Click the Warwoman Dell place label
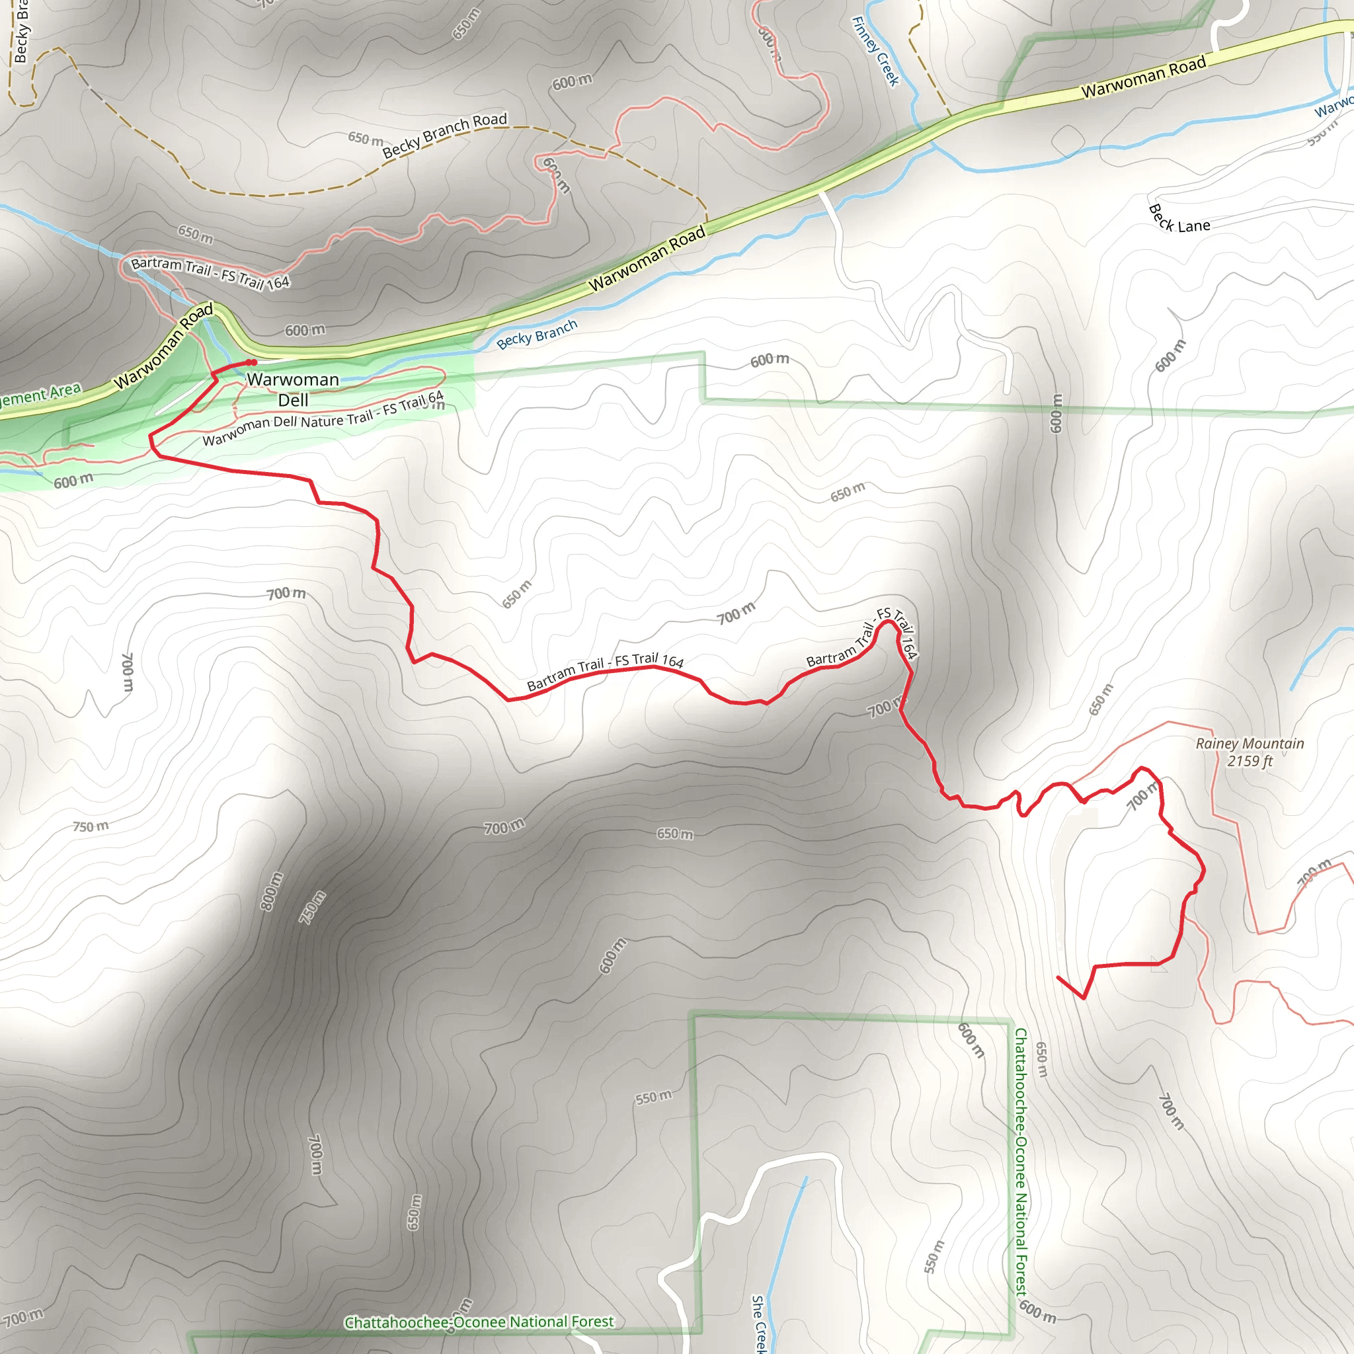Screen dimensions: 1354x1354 tap(293, 389)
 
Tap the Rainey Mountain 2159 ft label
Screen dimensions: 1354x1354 tap(1250, 752)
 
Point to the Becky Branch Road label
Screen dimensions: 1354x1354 tap(444, 135)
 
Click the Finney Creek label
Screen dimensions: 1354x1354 tap(875, 51)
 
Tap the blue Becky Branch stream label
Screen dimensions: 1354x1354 tap(537, 335)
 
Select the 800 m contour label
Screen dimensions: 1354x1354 tap(272, 891)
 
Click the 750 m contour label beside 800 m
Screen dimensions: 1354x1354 tap(313, 908)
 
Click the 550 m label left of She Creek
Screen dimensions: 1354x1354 tap(653, 1097)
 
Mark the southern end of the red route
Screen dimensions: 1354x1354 tap(1058, 977)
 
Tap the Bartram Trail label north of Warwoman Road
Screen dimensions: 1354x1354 tap(210, 272)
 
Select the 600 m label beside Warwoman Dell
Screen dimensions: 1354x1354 tap(305, 329)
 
